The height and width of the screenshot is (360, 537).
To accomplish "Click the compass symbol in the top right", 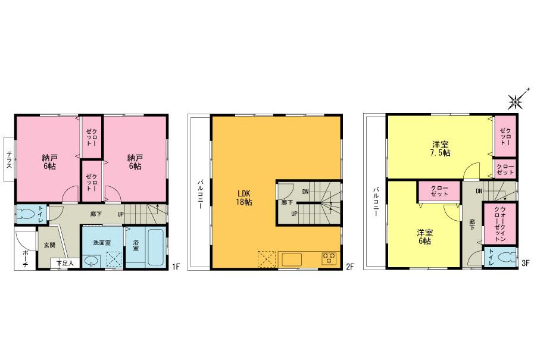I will (516, 102).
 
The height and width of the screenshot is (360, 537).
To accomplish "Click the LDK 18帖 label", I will (243, 198).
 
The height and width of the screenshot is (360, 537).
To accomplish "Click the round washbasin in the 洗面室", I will (92, 260).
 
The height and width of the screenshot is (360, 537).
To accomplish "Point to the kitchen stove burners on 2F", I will (329, 259).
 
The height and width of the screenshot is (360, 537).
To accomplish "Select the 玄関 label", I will (48, 244).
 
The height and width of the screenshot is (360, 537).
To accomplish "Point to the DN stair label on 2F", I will (305, 191).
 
